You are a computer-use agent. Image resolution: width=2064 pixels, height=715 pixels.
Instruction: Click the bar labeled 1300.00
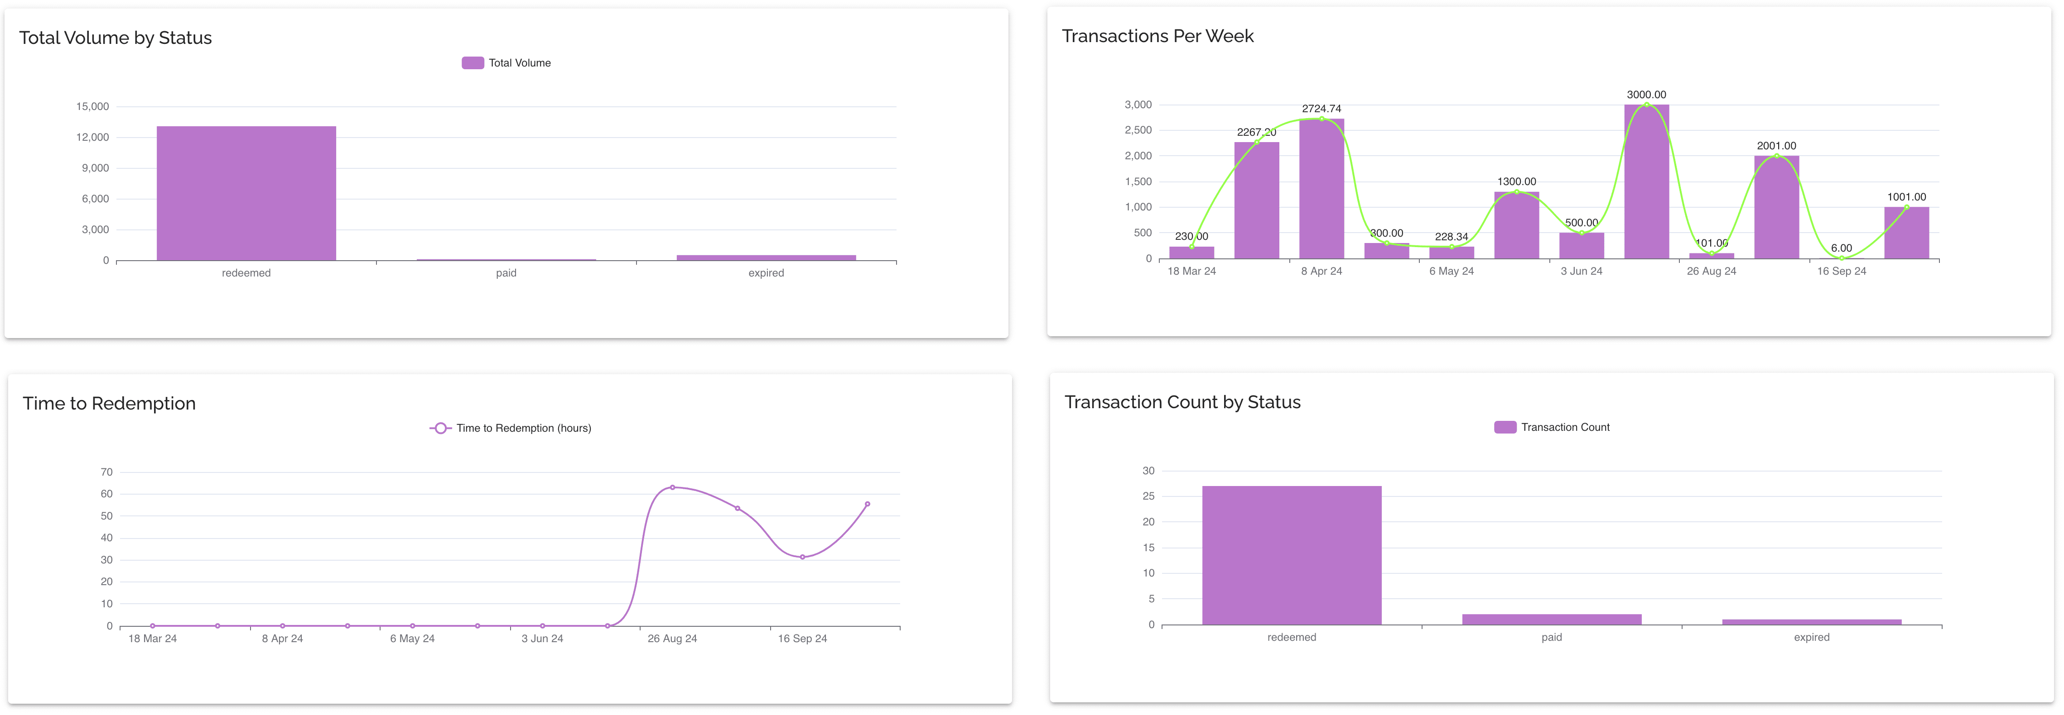pos(1516,226)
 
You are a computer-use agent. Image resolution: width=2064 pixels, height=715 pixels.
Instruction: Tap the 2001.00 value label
pos(1776,146)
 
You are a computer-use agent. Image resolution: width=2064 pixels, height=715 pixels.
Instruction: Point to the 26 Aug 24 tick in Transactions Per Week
pos(1712,272)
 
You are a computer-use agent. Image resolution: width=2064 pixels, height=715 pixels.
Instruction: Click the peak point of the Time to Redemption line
pos(672,487)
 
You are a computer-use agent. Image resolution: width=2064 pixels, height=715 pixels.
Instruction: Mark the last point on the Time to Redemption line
pos(867,505)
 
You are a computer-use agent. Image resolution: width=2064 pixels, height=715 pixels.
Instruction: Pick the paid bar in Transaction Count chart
pos(1551,619)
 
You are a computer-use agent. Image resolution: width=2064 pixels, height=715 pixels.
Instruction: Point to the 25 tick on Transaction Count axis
pos(1148,496)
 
